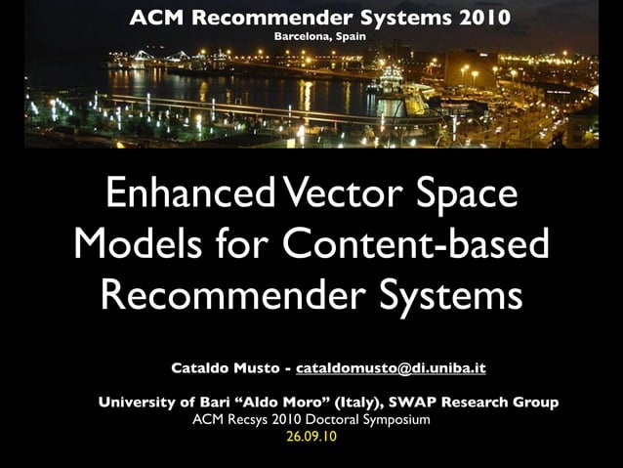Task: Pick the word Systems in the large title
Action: [444, 295]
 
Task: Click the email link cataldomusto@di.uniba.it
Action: [391, 368]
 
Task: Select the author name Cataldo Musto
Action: [224, 368]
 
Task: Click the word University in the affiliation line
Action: [138, 402]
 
